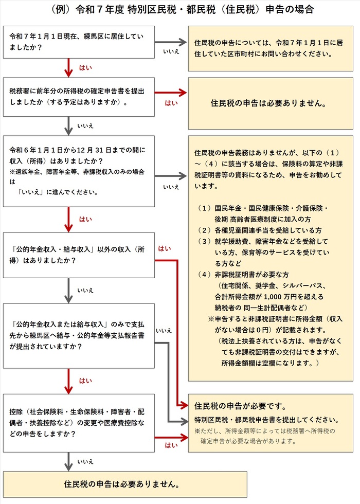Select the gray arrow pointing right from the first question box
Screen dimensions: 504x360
click(170, 42)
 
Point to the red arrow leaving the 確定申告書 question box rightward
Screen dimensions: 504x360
click(170, 93)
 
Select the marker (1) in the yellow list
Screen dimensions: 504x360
click(204, 208)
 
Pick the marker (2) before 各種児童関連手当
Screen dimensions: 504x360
click(204, 230)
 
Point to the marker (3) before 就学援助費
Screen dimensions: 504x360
click(204, 241)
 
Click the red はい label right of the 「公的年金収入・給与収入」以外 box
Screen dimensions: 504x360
click(165, 248)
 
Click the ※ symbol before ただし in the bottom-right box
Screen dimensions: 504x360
click(197, 431)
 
